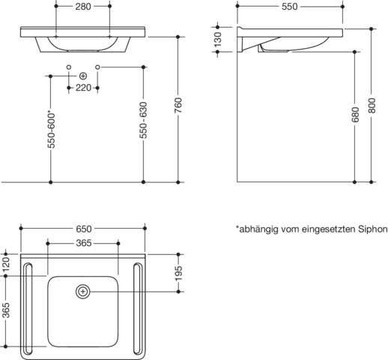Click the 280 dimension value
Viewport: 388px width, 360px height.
point(83,7)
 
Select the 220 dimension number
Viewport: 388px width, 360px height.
point(83,88)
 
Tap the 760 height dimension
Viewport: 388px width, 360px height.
point(178,105)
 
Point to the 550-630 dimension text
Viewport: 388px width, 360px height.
point(143,120)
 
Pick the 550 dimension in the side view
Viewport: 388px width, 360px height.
point(290,7)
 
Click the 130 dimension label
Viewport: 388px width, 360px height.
point(218,39)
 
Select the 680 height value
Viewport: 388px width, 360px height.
point(355,115)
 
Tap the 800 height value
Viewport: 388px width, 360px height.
point(372,106)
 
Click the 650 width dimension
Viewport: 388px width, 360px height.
point(84,229)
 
